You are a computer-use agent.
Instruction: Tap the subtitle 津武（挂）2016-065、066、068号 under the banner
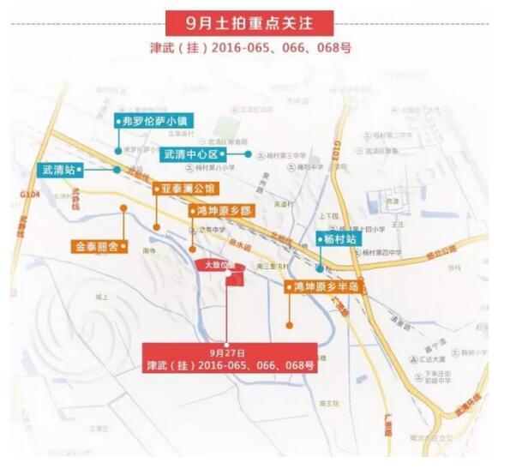pos(261,47)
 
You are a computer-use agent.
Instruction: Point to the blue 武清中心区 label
pos(191,154)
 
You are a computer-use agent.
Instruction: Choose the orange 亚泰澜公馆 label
pos(185,188)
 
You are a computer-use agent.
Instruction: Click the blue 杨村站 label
pos(335,239)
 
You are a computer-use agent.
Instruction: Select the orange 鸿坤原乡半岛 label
pos(325,286)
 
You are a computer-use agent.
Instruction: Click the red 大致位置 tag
pos(213,266)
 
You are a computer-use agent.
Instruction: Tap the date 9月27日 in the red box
pos(226,352)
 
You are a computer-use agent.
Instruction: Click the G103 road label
pos(339,153)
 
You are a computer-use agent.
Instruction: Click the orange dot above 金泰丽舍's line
pos(123,207)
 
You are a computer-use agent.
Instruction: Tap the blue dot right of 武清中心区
pos(249,154)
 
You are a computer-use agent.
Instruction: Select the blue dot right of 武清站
pos(117,170)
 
